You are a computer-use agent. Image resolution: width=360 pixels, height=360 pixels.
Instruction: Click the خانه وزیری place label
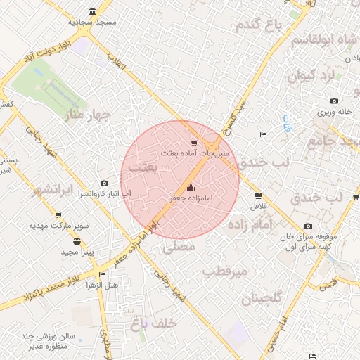click(333, 111)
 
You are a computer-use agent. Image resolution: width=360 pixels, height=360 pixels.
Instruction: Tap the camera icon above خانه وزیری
click(333, 101)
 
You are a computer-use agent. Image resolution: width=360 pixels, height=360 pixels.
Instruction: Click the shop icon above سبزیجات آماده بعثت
click(194, 142)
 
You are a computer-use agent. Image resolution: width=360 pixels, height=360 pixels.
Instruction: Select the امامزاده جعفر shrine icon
click(191, 188)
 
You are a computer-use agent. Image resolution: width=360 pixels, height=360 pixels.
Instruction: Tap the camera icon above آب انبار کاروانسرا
click(105, 183)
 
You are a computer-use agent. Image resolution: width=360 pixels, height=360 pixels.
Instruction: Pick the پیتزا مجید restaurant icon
click(77, 241)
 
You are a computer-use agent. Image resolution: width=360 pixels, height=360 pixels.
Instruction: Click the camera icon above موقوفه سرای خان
click(308, 226)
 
